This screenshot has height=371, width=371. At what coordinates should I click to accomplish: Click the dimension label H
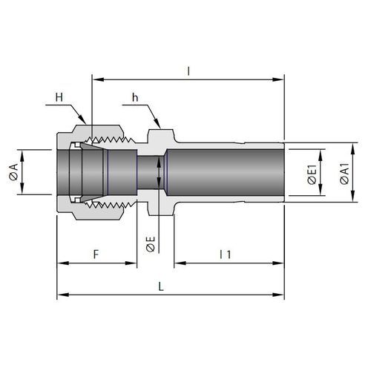pyautogui.click(x=59, y=97)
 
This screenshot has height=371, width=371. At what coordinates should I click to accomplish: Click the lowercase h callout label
pyautogui.click(x=135, y=98)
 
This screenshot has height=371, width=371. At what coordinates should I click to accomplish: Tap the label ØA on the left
pyautogui.click(x=13, y=171)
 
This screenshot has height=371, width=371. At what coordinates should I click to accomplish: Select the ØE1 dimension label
pyautogui.click(x=312, y=174)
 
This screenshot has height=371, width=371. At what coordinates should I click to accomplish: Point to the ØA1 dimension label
pyautogui.click(x=344, y=173)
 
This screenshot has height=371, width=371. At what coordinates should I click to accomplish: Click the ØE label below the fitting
pyautogui.click(x=151, y=244)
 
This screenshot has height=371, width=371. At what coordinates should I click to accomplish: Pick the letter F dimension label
pyautogui.click(x=96, y=255)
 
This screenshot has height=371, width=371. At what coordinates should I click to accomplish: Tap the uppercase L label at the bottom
pyautogui.click(x=161, y=286)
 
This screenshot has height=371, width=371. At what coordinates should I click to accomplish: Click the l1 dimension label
pyautogui.click(x=226, y=255)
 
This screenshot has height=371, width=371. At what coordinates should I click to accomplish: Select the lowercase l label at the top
pyautogui.click(x=188, y=71)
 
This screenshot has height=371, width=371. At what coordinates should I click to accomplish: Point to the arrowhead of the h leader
pyautogui.click(x=158, y=124)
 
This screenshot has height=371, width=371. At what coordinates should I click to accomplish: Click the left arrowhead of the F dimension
pyautogui.click(x=62, y=263)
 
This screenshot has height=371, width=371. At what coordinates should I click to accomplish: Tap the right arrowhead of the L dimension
pyautogui.click(x=278, y=295)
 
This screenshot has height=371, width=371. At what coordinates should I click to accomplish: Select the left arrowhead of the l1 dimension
pyautogui.click(x=180, y=263)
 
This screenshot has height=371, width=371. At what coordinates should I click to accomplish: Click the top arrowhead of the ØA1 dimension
pyautogui.click(x=353, y=148)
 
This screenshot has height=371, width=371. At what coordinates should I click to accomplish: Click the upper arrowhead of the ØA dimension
pyautogui.click(x=22, y=155)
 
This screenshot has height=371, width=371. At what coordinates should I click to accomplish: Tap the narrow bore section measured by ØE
pyautogui.click(x=151, y=172)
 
